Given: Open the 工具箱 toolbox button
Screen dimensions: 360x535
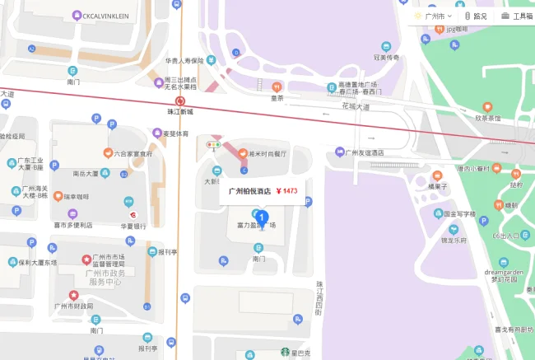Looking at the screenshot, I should [x=517, y=16].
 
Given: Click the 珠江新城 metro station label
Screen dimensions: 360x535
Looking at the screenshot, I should [x=179, y=110].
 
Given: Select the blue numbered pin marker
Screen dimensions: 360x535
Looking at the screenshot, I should [x=263, y=218].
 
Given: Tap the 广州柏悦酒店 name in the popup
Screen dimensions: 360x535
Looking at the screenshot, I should [x=248, y=191].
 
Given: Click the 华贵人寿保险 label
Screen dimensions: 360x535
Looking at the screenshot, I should [x=183, y=60].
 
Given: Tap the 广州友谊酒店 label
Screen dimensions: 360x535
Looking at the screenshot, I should [x=364, y=152].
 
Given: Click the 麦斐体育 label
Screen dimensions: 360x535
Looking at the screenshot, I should [x=174, y=133].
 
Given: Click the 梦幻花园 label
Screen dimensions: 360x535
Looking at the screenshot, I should [x=501, y=278].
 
